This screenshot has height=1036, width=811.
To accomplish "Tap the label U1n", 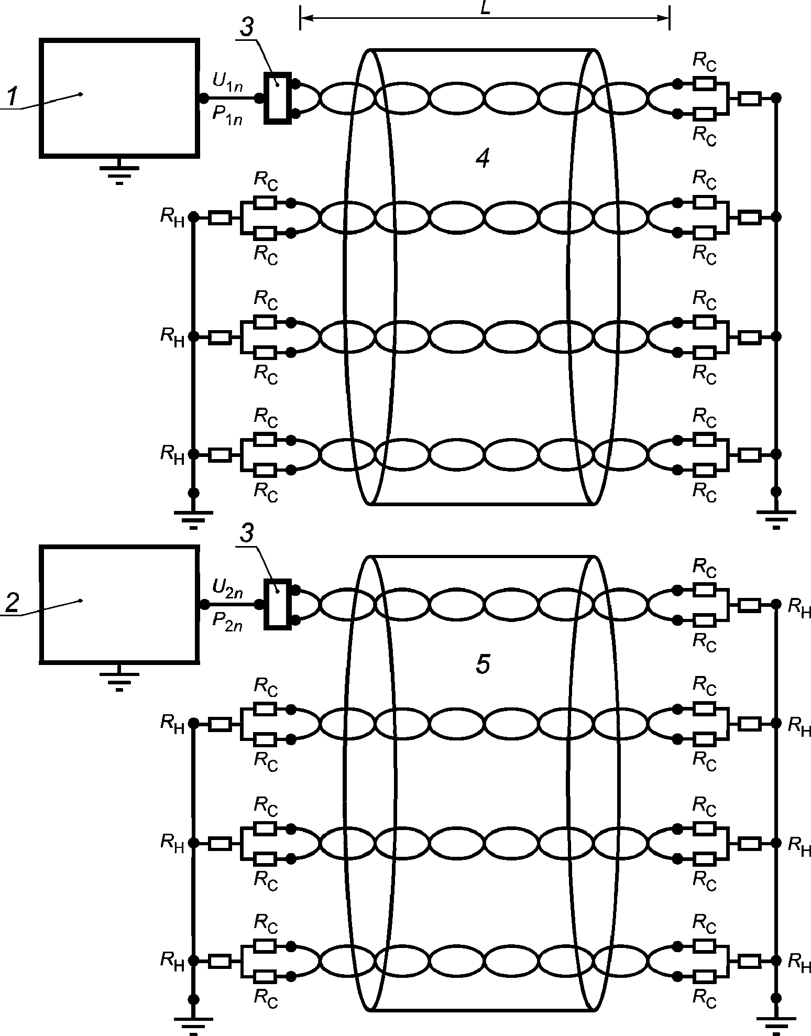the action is (x=227, y=82).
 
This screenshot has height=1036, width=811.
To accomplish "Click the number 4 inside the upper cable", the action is (x=483, y=158).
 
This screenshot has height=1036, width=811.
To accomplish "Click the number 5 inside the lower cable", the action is (x=483, y=664).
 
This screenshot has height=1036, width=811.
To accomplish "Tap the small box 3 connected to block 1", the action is (x=277, y=97).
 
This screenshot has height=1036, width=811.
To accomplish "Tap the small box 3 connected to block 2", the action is (x=277, y=604).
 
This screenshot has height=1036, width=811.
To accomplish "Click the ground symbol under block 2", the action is (x=119, y=677).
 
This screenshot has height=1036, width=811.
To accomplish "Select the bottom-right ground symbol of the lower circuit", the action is (x=776, y=1022).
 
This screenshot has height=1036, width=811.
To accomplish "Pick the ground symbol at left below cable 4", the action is (x=193, y=516).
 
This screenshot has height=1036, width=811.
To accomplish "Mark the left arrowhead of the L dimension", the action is (x=308, y=18).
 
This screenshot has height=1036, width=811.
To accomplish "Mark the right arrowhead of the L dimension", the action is (x=662, y=18).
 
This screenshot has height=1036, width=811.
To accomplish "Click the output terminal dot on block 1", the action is (x=204, y=97).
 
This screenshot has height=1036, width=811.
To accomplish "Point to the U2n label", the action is (x=227, y=588).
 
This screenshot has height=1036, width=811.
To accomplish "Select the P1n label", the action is (x=227, y=115).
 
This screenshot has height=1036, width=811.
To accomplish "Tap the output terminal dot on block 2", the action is (x=204, y=604).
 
